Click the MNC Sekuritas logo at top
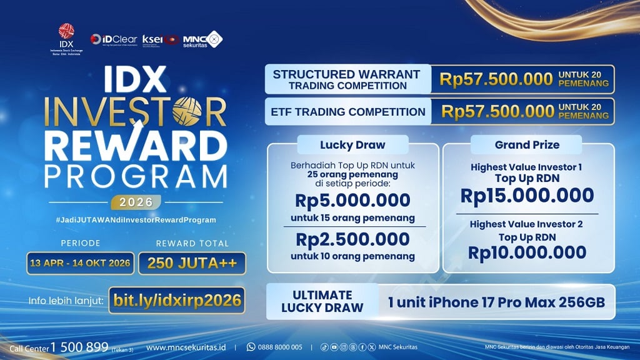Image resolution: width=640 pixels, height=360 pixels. point(202,39)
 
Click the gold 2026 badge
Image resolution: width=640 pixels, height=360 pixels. point(136,202)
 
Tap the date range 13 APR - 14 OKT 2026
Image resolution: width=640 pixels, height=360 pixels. point(79,263)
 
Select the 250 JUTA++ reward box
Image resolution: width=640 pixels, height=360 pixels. point(192,263)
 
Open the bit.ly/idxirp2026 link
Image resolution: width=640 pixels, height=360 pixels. point(177,300)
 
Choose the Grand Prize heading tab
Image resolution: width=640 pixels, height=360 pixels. point(527,144)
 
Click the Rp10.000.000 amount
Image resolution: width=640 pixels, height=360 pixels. point(527,252)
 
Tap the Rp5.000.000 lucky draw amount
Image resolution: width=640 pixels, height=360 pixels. point(352,201)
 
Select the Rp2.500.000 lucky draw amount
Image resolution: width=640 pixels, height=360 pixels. point(352,239)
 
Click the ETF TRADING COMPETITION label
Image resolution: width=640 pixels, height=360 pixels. point(349,112)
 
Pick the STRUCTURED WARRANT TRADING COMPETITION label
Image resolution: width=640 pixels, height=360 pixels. point(346,79)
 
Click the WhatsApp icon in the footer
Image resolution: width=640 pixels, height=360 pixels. point(251,347)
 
